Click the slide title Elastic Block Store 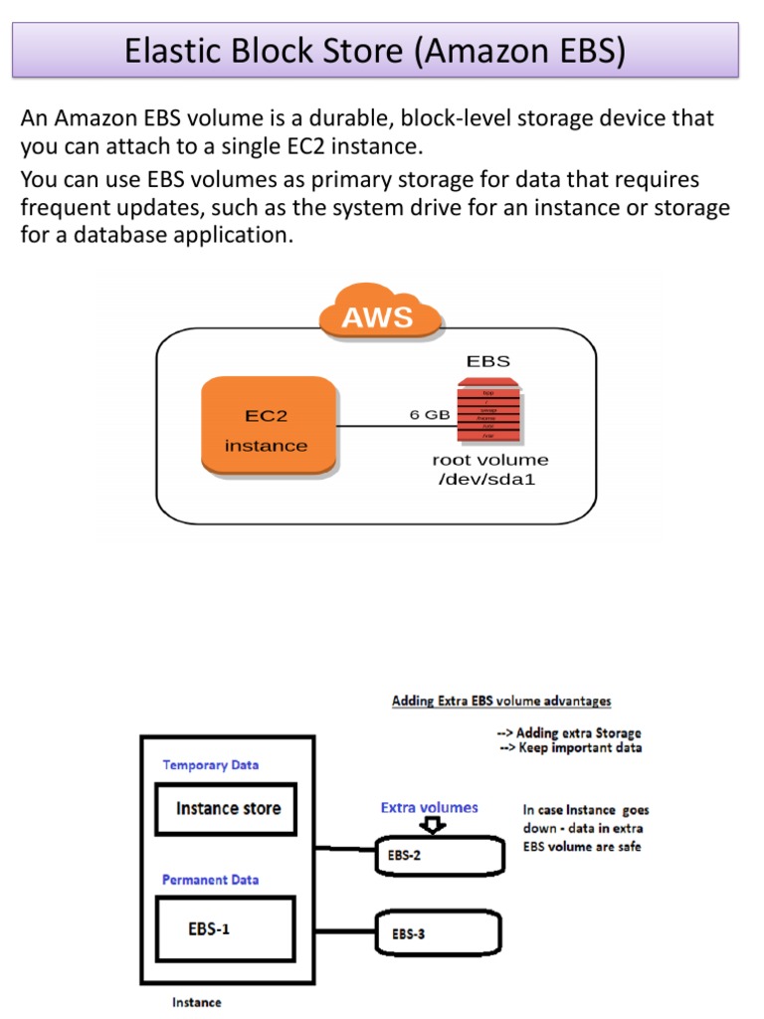375,51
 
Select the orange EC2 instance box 267,427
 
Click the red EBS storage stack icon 488,409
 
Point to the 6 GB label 430,415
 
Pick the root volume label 489,460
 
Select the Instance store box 228,808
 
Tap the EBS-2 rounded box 437,855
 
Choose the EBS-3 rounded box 437,933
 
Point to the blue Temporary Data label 210,765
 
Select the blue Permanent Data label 210,880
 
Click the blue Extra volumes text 429,807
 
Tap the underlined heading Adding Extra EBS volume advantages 501,702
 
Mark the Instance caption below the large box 197,1002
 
